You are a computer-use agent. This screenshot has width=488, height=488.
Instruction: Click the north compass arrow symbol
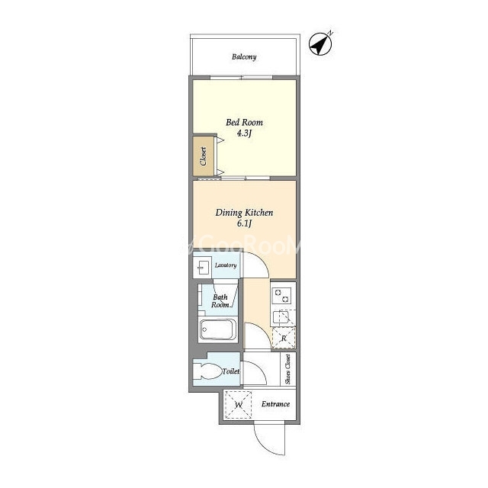coord(320,44)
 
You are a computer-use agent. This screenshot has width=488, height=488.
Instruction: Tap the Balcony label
coord(244,57)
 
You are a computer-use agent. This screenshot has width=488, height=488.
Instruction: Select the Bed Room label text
coord(244,122)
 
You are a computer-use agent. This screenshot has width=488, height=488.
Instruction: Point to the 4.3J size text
coord(244,133)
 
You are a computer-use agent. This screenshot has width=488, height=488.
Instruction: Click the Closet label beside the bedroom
coord(204,156)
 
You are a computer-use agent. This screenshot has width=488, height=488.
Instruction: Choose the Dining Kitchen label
coord(244,213)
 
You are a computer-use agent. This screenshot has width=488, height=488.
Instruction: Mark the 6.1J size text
coord(244,223)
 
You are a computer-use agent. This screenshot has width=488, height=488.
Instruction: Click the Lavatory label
coord(226,265)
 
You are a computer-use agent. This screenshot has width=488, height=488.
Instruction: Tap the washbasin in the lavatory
coord(203,268)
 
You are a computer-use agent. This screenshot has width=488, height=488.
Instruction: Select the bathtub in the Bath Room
coord(217,329)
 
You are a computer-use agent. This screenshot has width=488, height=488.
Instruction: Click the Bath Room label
coord(220,301)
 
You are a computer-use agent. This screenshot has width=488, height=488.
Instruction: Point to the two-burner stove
coord(282,296)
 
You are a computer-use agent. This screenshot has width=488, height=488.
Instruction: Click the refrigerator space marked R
coord(284,338)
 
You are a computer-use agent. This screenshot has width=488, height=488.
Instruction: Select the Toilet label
coord(230,371)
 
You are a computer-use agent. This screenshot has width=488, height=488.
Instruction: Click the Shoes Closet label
coord(288,369)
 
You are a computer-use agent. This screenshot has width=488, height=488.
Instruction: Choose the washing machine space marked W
coord(239,405)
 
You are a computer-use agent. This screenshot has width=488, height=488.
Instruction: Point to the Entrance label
coord(275,404)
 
